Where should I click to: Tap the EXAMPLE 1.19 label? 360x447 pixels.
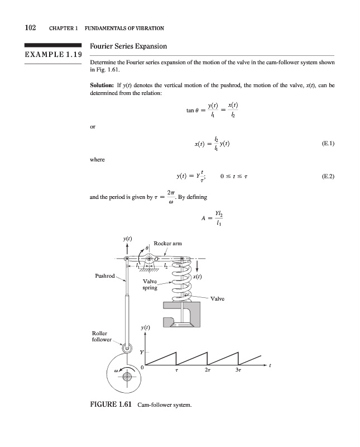point(52,56)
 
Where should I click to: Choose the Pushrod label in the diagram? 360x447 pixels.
point(105,276)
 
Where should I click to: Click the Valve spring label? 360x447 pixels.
point(150,284)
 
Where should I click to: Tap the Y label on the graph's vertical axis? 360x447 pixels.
point(142,352)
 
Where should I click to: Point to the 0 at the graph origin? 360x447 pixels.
point(142,368)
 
